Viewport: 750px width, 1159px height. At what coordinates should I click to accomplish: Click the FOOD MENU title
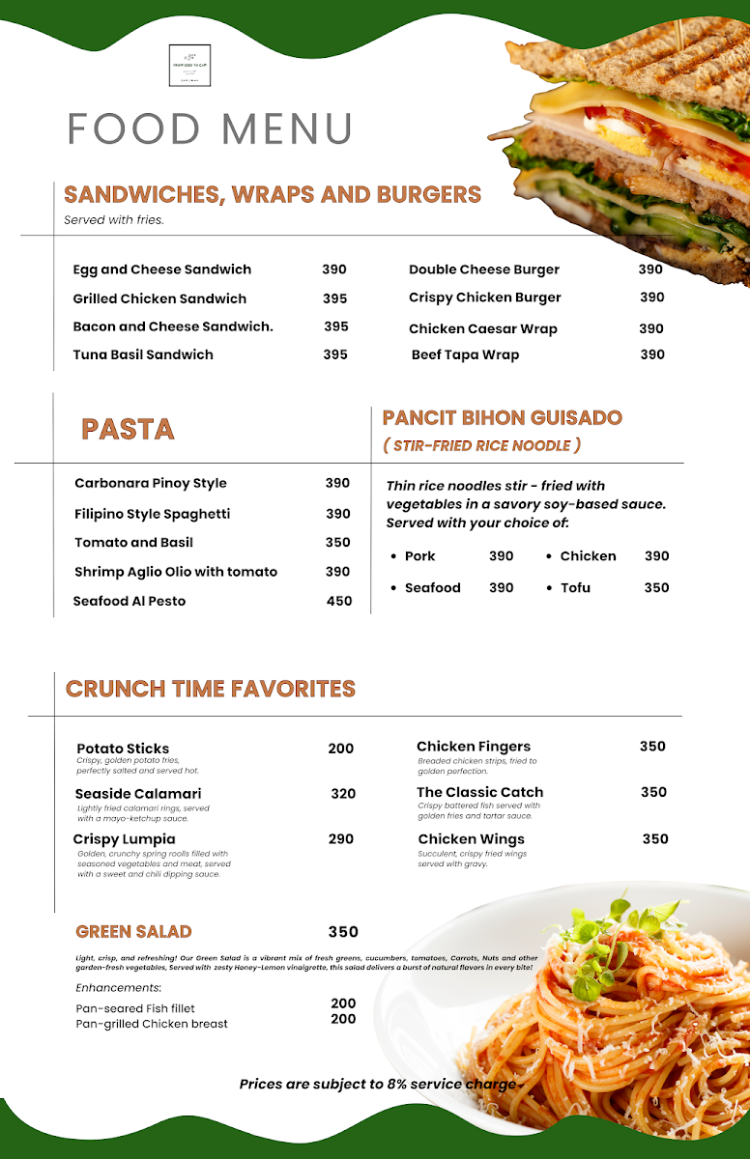[x=210, y=128]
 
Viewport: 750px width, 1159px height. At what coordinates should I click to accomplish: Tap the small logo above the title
[x=189, y=66]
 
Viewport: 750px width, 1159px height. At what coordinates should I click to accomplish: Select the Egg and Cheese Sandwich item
[x=161, y=269]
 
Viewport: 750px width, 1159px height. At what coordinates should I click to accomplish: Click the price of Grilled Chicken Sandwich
[x=334, y=298]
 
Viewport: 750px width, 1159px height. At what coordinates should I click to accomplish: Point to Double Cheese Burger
[x=483, y=269]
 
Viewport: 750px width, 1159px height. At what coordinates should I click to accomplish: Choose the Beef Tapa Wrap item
[x=465, y=354]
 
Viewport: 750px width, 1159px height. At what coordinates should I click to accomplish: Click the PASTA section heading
[x=128, y=429]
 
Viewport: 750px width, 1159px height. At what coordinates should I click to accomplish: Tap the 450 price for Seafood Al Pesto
[x=339, y=601]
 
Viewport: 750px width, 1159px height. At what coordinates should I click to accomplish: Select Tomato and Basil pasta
[x=133, y=542]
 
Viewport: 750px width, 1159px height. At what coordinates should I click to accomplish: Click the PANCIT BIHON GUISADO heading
[x=502, y=418]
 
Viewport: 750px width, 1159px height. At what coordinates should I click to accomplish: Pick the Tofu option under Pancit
[x=575, y=587]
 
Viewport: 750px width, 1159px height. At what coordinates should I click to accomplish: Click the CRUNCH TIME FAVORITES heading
[x=211, y=689]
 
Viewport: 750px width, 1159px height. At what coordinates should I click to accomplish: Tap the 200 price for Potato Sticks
[x=340, y=749]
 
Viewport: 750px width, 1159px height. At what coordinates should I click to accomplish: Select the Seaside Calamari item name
[x=137, y=794]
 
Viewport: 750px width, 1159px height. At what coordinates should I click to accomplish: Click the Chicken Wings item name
[x=471, y=839]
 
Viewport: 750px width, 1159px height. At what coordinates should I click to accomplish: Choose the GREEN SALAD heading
[x=133, y=932]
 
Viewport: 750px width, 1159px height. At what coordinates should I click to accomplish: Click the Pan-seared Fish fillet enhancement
[x=135, y=1008]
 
